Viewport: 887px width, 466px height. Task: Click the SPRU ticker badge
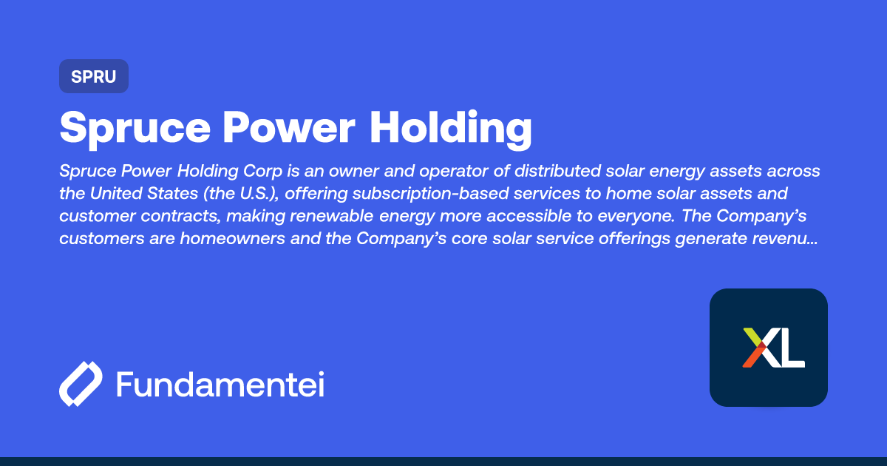coord(94,76)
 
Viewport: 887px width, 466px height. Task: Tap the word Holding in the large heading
coord(451,127)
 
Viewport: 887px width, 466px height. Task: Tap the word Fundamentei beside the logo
coord(220,384)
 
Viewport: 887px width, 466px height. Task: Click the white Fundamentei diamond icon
coord(81,384)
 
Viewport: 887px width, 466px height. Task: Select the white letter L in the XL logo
coord(793,349)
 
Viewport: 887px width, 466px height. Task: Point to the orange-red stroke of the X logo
coord(752,359)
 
